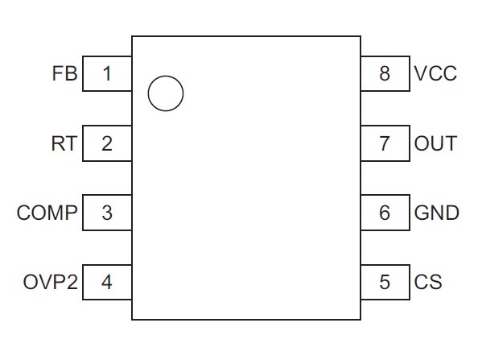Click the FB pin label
point(65,73)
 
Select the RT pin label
point(64,143)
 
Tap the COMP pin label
point(47,213)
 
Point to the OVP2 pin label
point(51,282)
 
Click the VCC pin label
point(435,73)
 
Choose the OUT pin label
point(435,143)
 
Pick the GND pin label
point(436,213)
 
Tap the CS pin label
point(428,282)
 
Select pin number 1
point(107,74)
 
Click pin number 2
point(107,143)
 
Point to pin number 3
point(107,213)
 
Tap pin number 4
point(107,282)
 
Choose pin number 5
point(385,282)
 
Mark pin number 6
point(385,213)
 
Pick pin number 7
point(385,143)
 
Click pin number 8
point(385,74)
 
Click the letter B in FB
point(71,73)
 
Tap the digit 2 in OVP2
point(72,282)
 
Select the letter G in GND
point(422,213)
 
